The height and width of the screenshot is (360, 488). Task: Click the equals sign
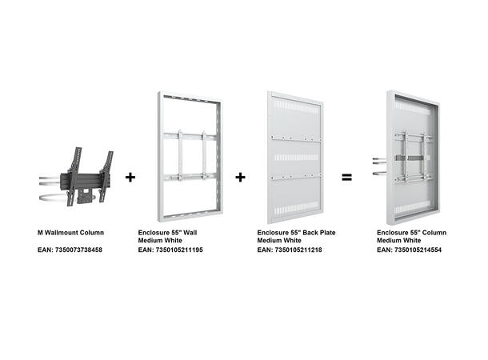347,177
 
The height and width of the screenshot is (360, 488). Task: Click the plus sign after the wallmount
130,177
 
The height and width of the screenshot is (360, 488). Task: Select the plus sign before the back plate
240,177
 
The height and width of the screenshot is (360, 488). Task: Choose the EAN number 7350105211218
298,250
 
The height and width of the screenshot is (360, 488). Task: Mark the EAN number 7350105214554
418,250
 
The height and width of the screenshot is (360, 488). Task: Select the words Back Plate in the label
308,232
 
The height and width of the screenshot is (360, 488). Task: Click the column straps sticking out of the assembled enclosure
378,164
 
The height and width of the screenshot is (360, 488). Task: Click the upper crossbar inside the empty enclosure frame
190,134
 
